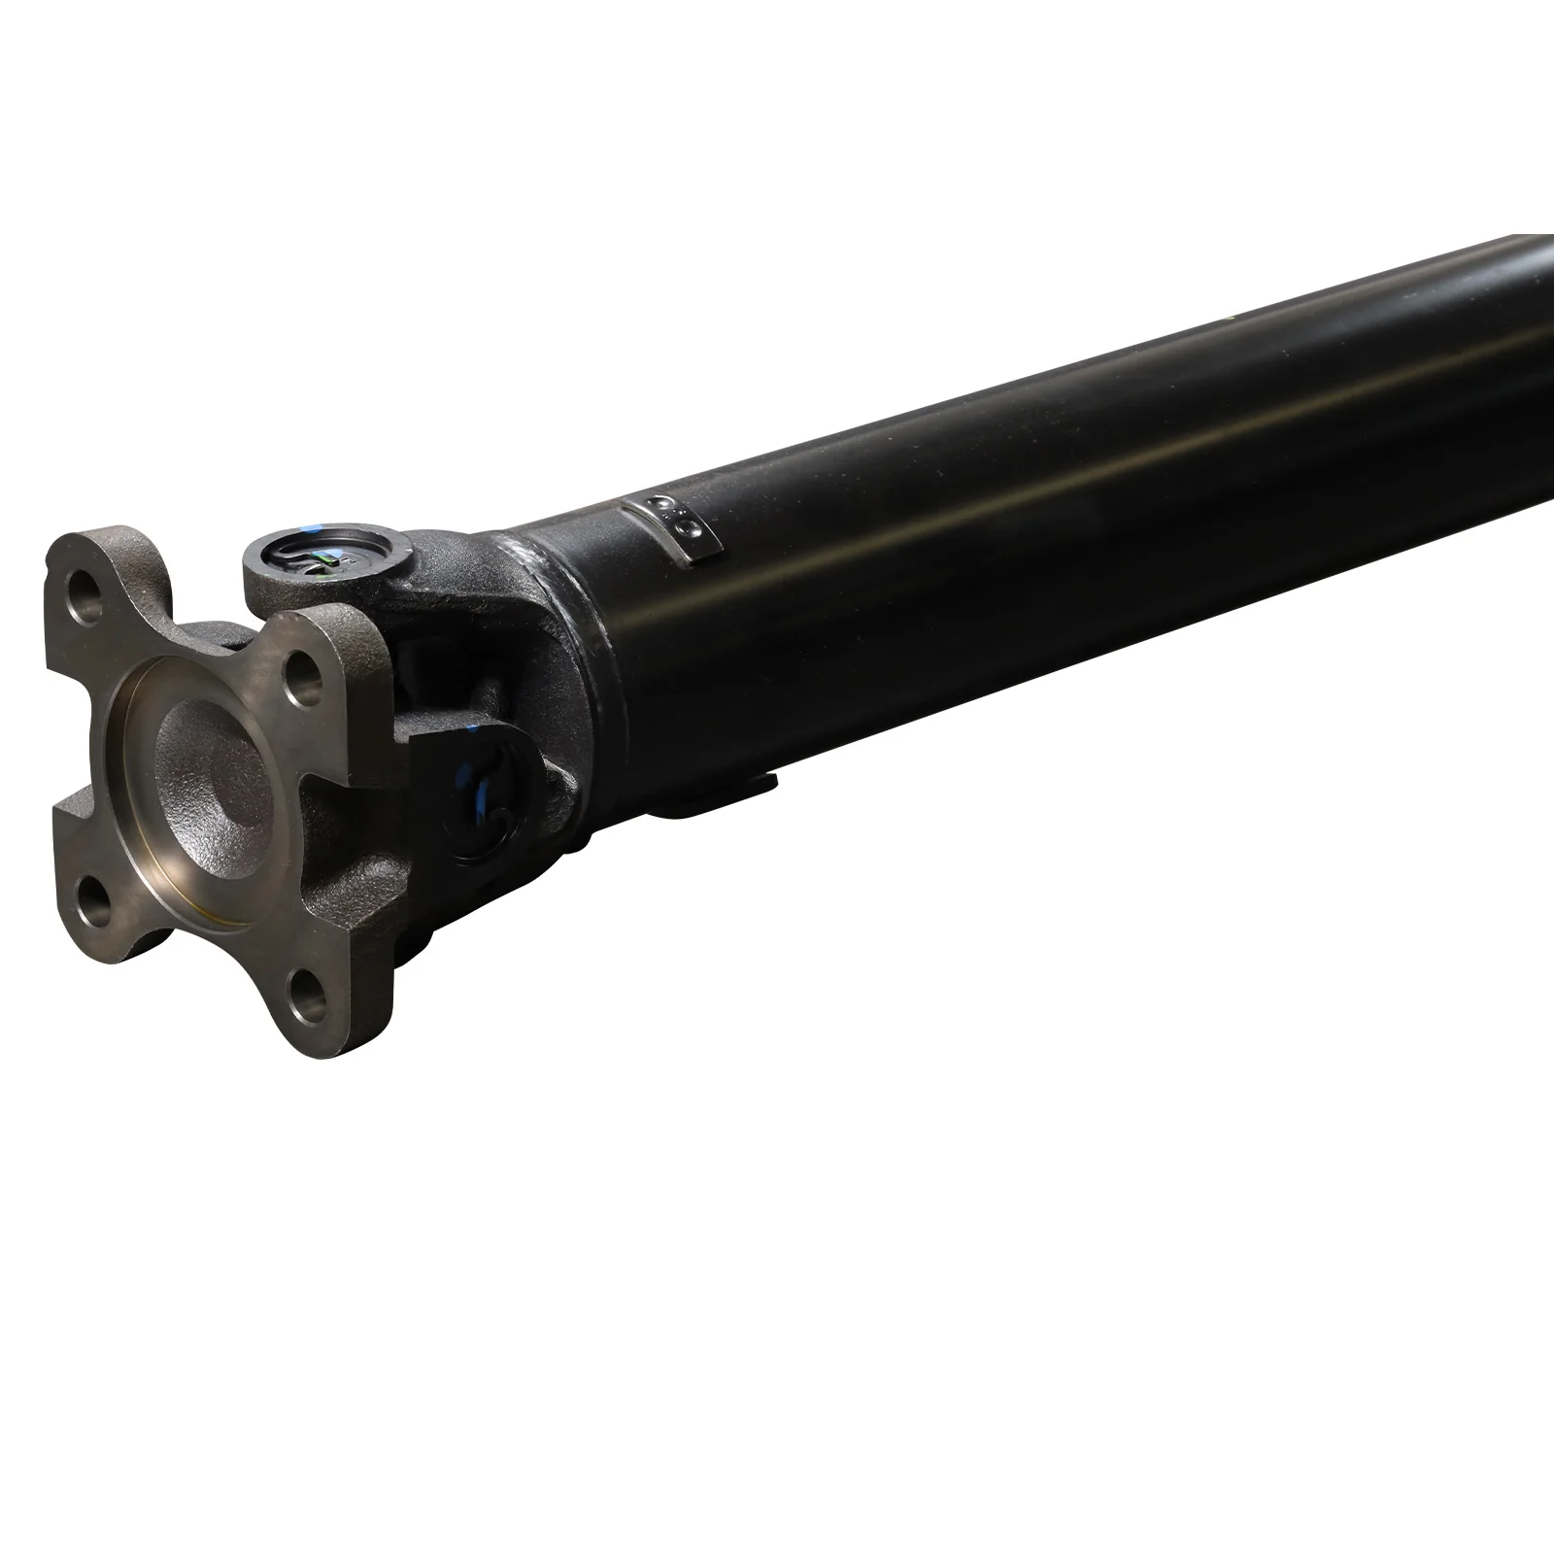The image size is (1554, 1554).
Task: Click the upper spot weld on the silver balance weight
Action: click(x=664, y=507)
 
